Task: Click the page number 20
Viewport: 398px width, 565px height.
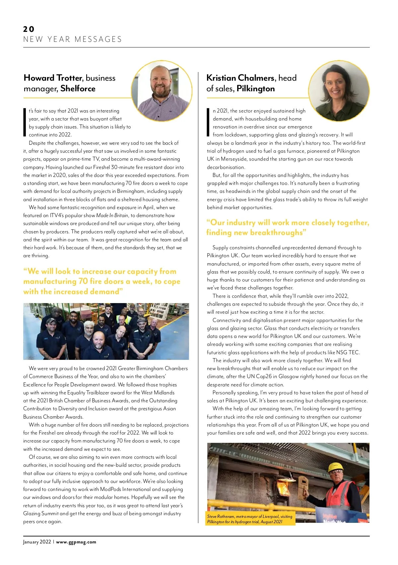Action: [x=29, y=29]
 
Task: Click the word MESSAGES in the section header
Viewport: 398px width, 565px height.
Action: [x=98, y=40]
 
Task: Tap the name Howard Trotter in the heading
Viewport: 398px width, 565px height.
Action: [x=52, y=78]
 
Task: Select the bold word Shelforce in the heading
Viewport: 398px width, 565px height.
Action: [x=78, y=89]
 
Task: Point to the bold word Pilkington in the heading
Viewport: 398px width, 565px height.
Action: [x=256, y=89]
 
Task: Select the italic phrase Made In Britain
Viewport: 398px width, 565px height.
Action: [x=112, y=215]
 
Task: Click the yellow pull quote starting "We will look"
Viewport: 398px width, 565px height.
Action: [x=101, y=282]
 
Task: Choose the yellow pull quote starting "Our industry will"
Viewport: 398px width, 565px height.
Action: [x=287, y=227]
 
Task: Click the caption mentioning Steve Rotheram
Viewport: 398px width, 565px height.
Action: [x=251, y=519]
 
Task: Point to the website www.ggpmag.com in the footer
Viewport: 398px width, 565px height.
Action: [x=76, y=542]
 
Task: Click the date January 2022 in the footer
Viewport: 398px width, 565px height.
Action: [x=37, y=542]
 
